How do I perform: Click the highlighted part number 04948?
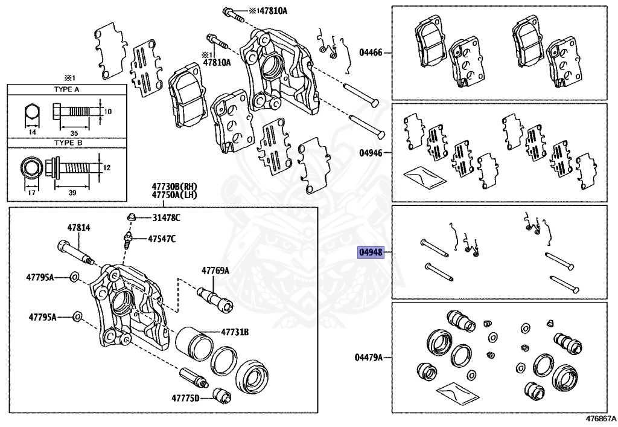[371, 252]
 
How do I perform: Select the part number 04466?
[371, 53]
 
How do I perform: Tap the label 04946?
[371, 153]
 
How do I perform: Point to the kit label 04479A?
[369, 358]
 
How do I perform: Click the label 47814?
[78, 227]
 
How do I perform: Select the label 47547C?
[162, 239]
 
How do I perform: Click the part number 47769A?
[215, 271]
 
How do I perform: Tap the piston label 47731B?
[235, 332]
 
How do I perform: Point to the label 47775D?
[185, 398]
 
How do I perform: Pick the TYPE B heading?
[67, 143]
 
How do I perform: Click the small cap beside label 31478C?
[130, 216]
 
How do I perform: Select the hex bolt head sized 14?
[32, 113]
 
